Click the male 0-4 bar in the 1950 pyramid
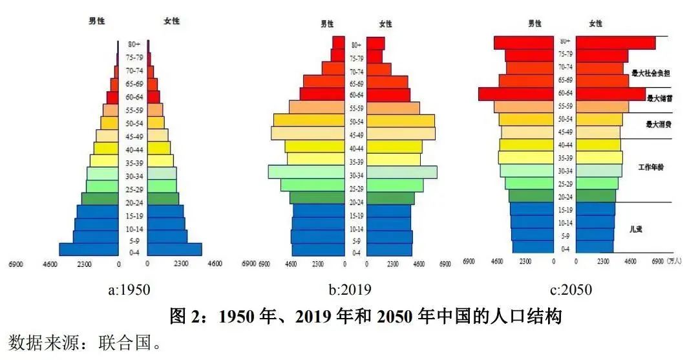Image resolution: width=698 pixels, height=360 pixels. pyautogui.click(x=89, y=249)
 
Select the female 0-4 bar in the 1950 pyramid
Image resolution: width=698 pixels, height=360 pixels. pyautogui.click(x=174, y=249)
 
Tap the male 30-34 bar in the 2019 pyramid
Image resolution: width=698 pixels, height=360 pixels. pyautogui.click(x=306, y=172)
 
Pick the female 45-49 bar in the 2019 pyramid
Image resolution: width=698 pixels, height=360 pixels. pyautogui.click(x=401, y=133)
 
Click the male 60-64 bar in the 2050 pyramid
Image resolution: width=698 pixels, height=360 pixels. pyautogui.click(x=517, y=94)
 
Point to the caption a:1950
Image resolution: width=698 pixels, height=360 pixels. pyautogui.click(x=129, y=290)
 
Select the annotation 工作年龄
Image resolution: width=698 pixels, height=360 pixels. pyautogui.click(x=651, y=167)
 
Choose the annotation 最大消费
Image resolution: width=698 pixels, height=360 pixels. pyautogui.click(x=659, y=124)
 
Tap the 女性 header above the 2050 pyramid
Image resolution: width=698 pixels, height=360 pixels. pyautogui.click(x=595, y=24)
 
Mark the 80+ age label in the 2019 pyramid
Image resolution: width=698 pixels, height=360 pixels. pyautogui.click(x=356, y=45)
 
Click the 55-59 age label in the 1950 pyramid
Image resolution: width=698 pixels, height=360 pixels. pyautogui.click(x=134, y=111)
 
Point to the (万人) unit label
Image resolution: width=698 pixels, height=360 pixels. pyautogui.click(x=673, y=262)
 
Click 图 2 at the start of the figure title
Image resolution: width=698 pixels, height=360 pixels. pyautogui.click(x=187, y=317)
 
